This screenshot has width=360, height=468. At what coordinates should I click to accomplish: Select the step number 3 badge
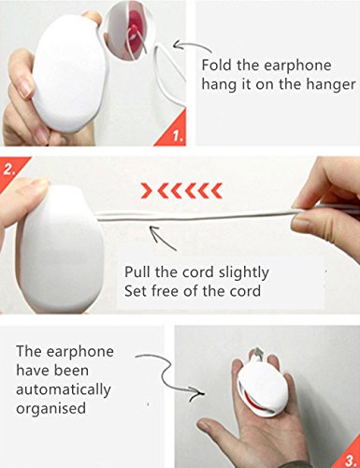[348, 457]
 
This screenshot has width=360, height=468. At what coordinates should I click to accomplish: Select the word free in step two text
[165, 291]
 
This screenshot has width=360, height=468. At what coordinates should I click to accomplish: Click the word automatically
[64, 389]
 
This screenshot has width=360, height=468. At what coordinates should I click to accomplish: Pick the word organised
[50, 409]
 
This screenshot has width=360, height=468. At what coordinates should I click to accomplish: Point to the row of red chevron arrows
[181, 190]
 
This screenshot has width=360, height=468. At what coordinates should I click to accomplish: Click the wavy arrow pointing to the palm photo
[168, 375]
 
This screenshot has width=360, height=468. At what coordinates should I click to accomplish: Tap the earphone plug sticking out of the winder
[258, 353]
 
